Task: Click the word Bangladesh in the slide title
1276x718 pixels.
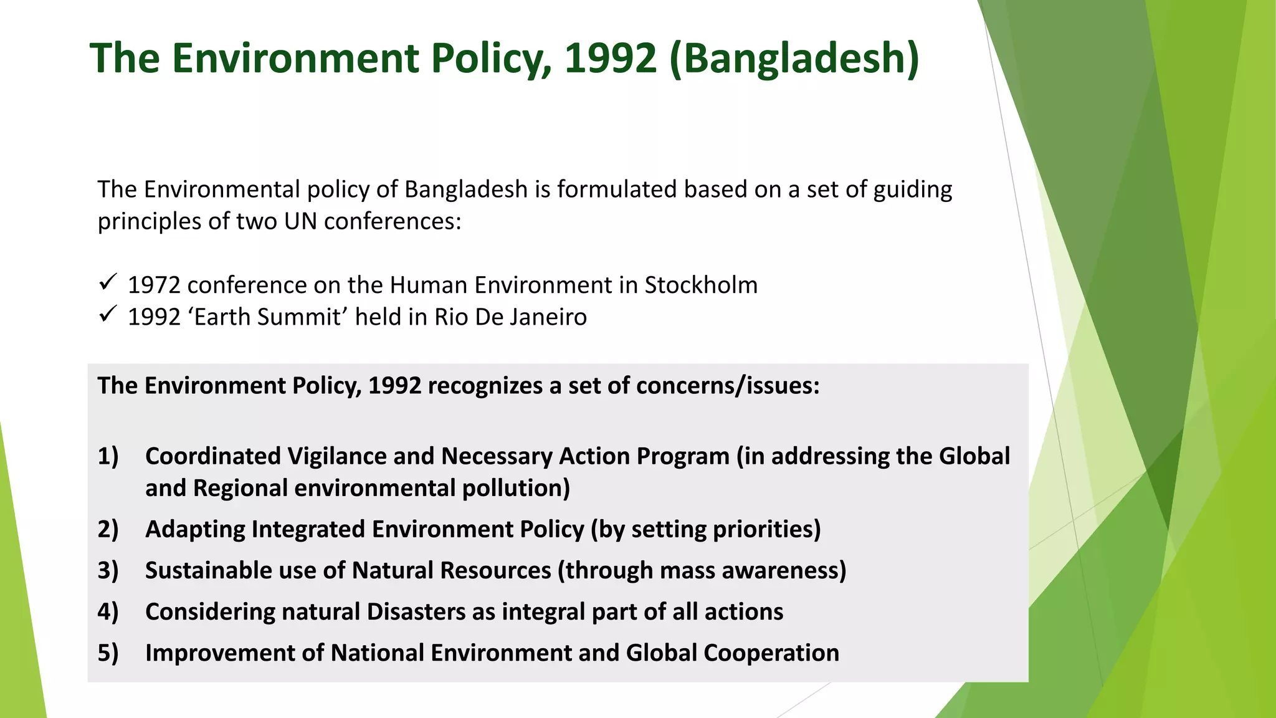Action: click(x=794, y=58)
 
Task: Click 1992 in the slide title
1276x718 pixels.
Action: click(x=610, y=58)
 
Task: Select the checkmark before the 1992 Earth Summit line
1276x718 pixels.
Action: click(x=108, y=314)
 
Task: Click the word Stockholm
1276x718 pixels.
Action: click(x=701, y=285)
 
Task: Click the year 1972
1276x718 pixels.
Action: click(x=153, y=285)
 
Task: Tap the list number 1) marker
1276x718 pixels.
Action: click(x=108, y=456)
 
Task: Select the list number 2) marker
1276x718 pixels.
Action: click(x=108, y=529)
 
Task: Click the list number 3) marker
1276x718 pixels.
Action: click(x=108, y=570)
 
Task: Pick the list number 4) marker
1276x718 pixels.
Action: click(x=108, y=611)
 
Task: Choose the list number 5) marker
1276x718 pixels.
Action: click(x=108, y=653)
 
